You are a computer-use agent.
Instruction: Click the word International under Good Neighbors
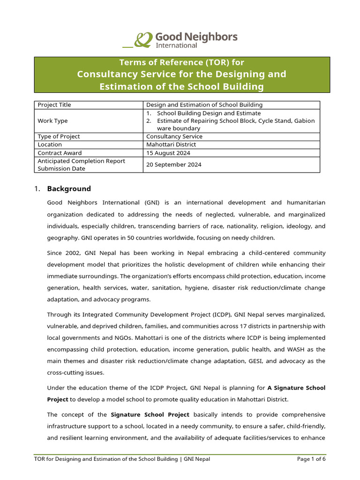(176, 45)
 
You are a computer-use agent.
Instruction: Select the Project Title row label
(54, 105)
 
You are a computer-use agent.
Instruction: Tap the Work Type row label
(52, 121)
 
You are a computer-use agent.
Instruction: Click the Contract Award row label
(60, 153)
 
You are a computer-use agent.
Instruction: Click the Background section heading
(69, 189)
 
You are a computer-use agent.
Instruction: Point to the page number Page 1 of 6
(311, 459)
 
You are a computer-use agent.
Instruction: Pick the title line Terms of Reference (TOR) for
(182, 62)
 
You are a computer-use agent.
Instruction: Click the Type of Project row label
(59, 136)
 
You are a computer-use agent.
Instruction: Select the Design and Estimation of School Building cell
(204, 105)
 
